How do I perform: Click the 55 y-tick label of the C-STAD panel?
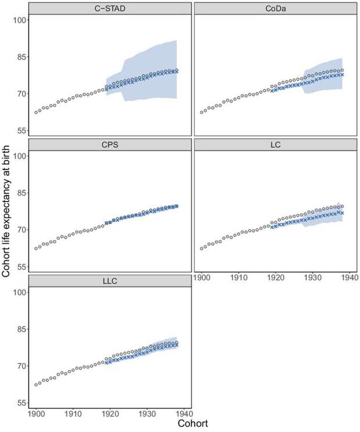[21, 131]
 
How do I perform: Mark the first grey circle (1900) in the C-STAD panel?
[36, 112]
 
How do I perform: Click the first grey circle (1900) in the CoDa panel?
[201, 112]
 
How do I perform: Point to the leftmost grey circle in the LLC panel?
[36, 384]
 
